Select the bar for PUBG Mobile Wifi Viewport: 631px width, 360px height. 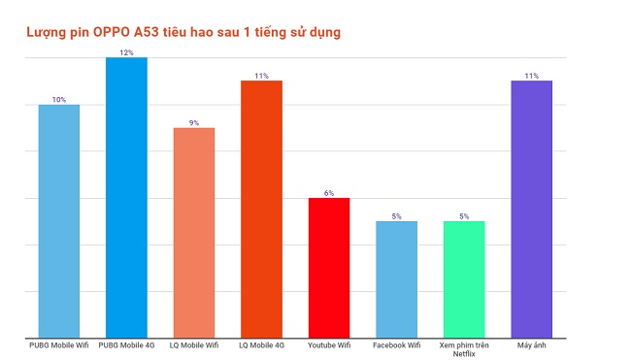pos(59,221)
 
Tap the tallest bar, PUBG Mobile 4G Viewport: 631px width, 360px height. pos(126,198)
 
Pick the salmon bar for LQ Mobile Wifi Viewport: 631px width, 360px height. pos(194,233)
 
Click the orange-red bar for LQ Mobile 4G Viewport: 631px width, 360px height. pos(261,210)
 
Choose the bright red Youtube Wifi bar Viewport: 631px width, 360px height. pos(329,268)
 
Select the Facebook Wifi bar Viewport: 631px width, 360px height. pos(396,279)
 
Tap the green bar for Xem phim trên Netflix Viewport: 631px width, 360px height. pos(464,279)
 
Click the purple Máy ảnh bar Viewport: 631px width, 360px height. pos(531,210)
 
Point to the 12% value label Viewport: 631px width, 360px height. pos(126,52)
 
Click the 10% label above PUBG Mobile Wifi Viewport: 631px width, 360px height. pos(59,99)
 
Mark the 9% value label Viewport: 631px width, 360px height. pos(194,123)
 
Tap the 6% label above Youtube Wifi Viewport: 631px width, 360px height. pos(329,193)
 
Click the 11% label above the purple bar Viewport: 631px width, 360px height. pos(531,76)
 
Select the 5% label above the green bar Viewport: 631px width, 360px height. pos(464,216)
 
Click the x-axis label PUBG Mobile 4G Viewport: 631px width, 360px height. pos(126,345)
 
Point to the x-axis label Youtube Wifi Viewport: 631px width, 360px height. pos(329,345)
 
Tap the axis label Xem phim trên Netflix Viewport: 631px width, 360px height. pos(464,349)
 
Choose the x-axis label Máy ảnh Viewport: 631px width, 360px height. pos(531,345)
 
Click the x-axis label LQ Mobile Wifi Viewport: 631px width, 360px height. pos(194,345)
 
